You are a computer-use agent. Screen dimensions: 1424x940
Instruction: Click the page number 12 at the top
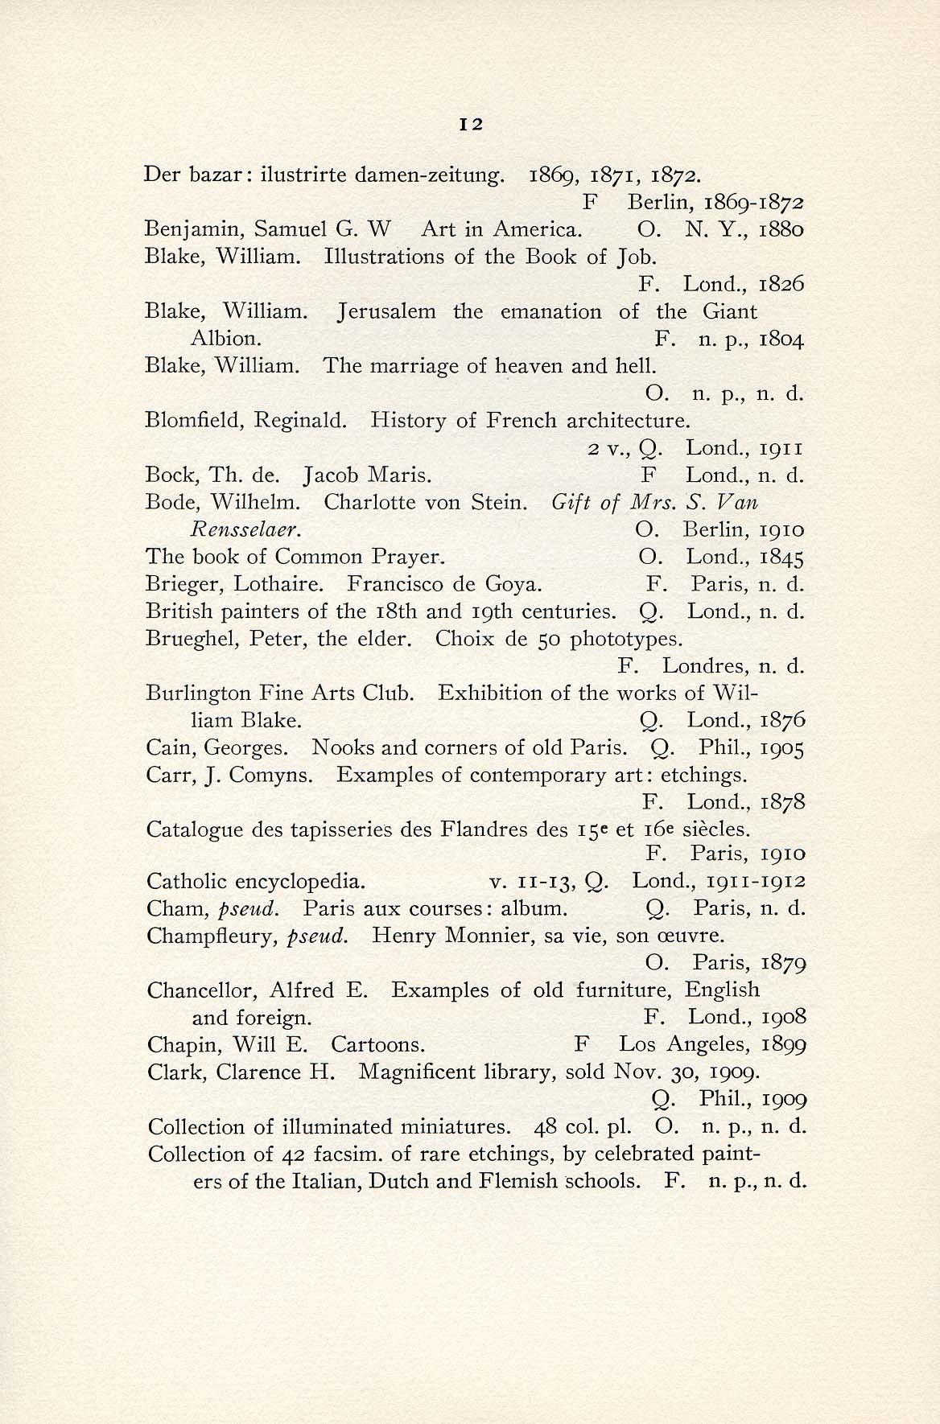pyautogui.click(x=470, y=125)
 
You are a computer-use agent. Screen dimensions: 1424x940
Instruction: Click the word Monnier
pyautogui.click(x=484, y=936)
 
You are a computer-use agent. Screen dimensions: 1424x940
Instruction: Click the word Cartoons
pyautogui.click(x=377, y=1045)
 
